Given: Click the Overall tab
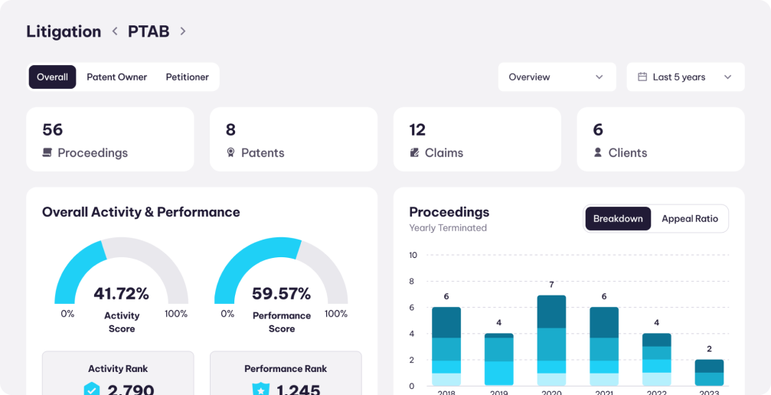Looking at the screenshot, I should tap(52, 77).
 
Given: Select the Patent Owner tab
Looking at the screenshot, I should tap(116, 77).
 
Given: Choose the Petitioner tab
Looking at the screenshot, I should tap(187, 77).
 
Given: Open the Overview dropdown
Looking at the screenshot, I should tap(557, 77).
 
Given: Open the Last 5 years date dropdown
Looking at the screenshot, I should tap(685, 77).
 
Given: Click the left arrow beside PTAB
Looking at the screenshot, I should tap(115, 31).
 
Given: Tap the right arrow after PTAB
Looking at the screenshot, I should tap(183, 31).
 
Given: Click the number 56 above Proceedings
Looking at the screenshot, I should tap(53, 129).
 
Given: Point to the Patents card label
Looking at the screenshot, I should tap(263, 152).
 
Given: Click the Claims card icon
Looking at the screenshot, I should tap(414, 152).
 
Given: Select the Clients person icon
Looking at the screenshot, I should tap(598, 152).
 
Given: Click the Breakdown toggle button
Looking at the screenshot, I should tap(618, 219).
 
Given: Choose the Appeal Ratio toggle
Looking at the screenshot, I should tap(690, 219).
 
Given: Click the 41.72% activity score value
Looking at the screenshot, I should tap(121, 293).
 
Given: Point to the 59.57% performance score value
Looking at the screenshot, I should tap(281, 293).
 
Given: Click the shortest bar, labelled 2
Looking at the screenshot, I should tap(709, 373).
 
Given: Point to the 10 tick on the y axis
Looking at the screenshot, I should tap(413, 255).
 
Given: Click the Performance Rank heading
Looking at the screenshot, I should tap(286, 368).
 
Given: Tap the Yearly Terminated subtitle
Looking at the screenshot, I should tap(448, 227).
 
